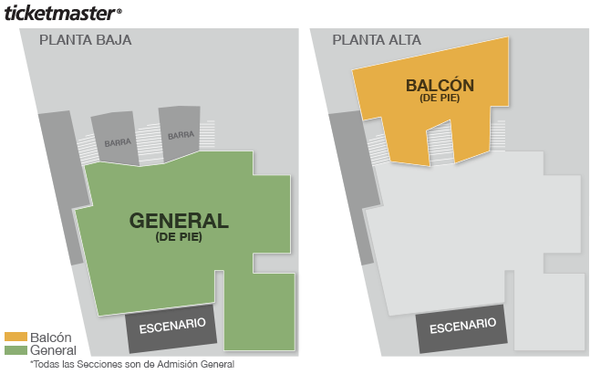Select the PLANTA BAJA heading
coord(85,40)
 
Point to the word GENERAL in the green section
coord(179,221)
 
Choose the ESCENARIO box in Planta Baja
coord(171,325)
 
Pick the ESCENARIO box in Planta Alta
coord(463,326)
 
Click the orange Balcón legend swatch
coord(16,338)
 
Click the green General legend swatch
coord(16,350)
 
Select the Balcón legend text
coord(51,338)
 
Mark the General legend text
coord(53,350)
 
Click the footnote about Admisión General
coord(131,364)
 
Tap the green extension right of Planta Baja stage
coord(259,310)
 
